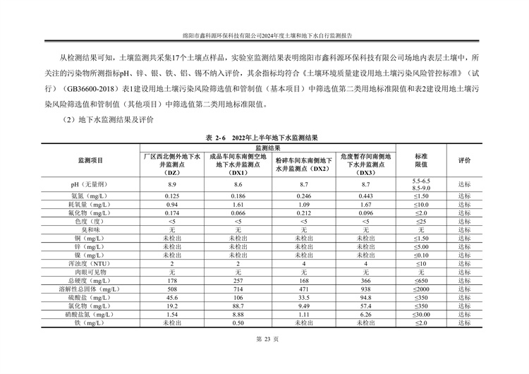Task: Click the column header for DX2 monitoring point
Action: point(303,164)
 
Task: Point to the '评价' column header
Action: point(464,160)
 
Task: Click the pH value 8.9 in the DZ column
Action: point(171,184)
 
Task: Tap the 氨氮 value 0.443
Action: point(365,195)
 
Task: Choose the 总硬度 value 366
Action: point(365,280)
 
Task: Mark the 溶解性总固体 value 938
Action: point(365,289)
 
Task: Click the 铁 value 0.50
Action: point(238,323)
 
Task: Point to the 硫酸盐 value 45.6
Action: point(171,298)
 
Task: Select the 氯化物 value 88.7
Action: point(238,306)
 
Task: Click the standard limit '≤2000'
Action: point(421,289)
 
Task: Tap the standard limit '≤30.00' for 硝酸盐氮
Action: point(421,315)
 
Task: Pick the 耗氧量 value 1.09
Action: point(303,204)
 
